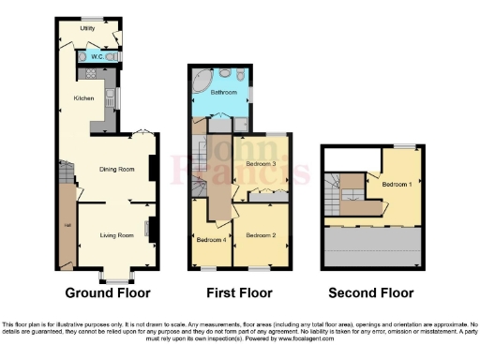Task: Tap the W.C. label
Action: pyautogui.click(x=96, y=56)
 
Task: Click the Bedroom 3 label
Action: pyautogui.click(x=261, y=164)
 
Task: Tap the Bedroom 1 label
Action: pyautogui.click(x=397, y=184)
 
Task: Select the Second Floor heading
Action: pyautogui.click(x=372, y=292)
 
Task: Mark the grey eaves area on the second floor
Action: pyautogui.click(x=372, y=247)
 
